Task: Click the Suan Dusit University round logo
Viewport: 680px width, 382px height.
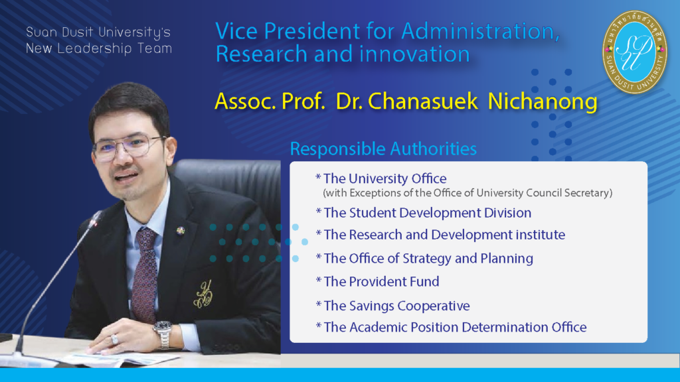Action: [634, 52]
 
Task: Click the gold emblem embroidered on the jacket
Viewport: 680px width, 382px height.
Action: [203, 294]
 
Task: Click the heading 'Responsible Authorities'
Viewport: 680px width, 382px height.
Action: [383, 149]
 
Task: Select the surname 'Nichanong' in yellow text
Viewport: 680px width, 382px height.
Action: [543, 101]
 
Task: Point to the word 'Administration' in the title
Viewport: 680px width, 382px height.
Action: [481, 31]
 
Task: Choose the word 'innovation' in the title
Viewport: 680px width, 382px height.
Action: [414, 54]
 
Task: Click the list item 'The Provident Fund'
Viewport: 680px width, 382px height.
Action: [381, 281]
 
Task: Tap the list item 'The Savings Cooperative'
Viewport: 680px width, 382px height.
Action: [396, 306]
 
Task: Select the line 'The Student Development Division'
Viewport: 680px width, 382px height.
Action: [427, 213]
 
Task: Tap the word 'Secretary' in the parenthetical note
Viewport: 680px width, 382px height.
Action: [588, 193]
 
